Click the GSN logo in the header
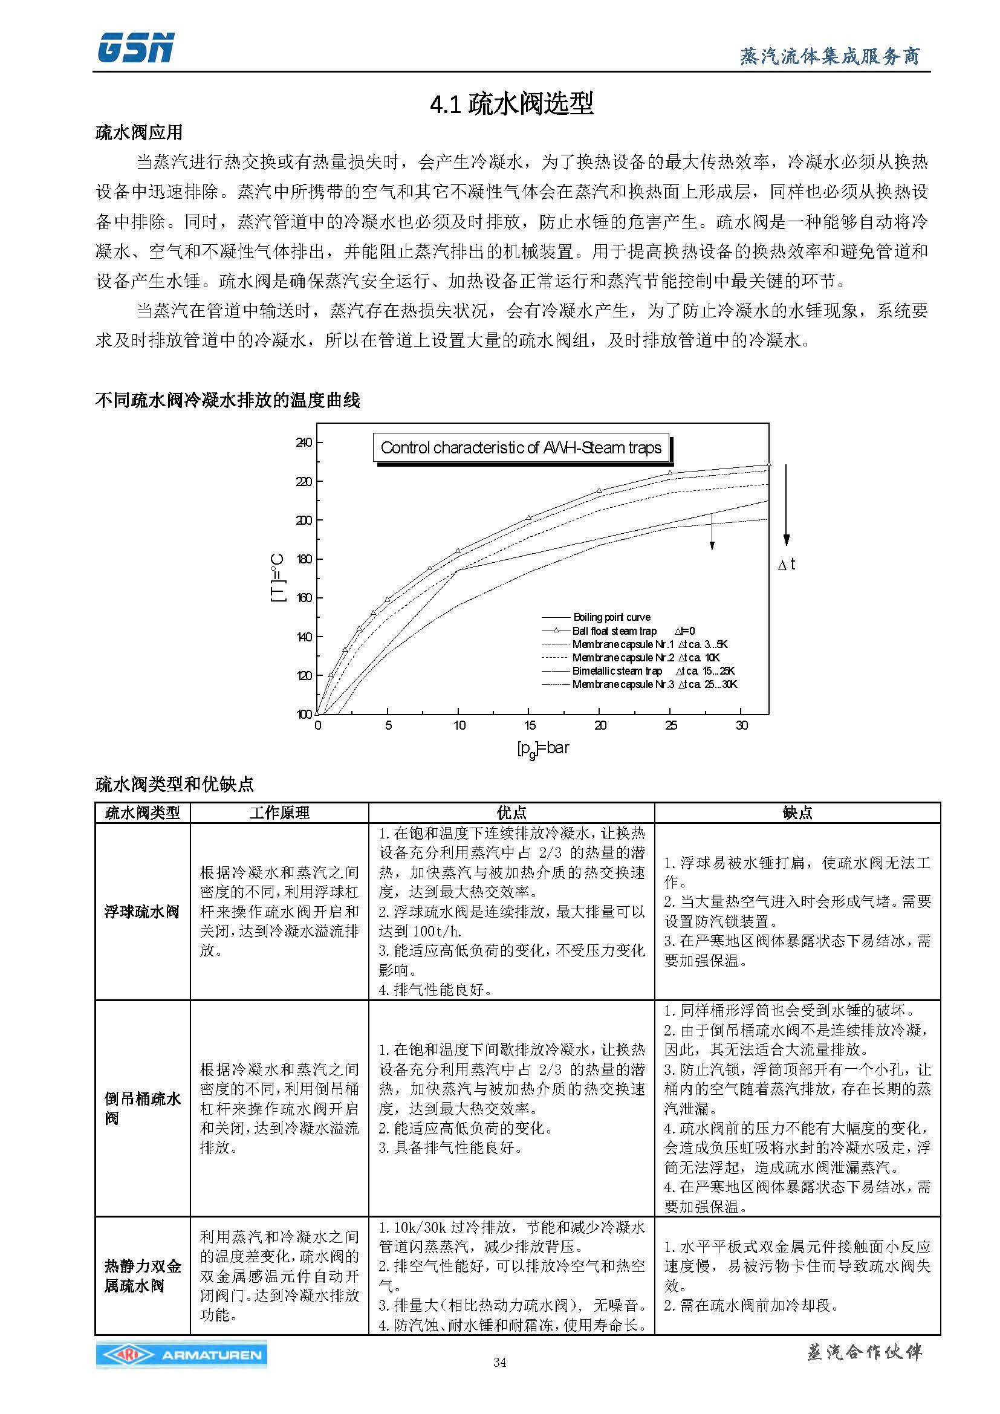point(135,48)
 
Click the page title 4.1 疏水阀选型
point(511,103)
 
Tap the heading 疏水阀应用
point(138,132)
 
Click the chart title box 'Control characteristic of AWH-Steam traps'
point(521,448)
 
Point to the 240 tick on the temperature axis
point(304,442)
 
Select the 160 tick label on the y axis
point(304,598)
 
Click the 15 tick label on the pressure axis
point(530,725)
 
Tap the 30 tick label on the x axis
point(742,725)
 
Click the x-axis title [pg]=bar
point(542,748)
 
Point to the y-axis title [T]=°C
point(278,578)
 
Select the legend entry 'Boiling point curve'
point(611,617)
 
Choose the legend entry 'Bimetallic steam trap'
point(617,670)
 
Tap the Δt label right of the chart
point(787,565)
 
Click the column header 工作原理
point(279,813)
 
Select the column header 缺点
point(797,813)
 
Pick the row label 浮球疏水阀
point(142,912)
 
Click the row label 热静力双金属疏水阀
point(142,1277)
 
